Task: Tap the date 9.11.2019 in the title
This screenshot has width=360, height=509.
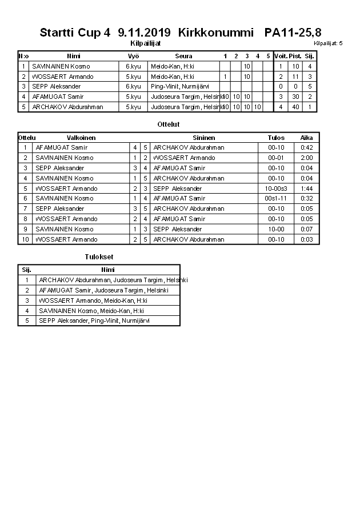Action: coord(145,33)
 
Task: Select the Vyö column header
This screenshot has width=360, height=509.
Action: coord(133,56)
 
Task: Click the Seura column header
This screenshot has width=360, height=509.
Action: coord(183,56)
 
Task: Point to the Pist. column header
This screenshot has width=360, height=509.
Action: coord(295,56)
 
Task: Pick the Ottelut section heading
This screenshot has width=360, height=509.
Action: coord(169,124)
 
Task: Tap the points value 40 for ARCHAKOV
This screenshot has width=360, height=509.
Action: coord(295,107)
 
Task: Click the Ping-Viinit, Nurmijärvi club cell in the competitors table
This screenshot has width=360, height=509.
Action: coord(180,86)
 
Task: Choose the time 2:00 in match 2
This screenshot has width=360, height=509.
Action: coord(306,158)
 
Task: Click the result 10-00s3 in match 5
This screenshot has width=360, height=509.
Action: coord(277,189)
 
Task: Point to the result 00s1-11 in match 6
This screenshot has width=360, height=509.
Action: coord(277,199)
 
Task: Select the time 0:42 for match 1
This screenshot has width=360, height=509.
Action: coord(306,147)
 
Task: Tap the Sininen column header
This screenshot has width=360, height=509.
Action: coord(203,138)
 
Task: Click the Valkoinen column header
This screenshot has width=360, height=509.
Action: coord(81,138)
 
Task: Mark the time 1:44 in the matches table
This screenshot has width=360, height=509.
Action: coord(306,189)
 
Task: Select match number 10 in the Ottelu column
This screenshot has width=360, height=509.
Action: coord(25,239)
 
